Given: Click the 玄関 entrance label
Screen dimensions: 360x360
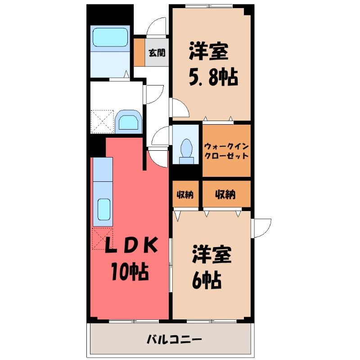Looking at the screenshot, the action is click(x=157, y=53).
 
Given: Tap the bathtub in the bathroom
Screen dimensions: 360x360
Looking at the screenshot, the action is click(x=110, y=37).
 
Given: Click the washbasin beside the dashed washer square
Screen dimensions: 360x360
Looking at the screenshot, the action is click(x=128, y=121).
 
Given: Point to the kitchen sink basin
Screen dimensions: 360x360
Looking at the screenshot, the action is click(x=104, y=209).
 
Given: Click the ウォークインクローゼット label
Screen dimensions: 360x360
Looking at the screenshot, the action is click(x=226, y=151).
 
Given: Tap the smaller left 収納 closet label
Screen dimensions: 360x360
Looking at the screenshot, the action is click(x=185, y=195).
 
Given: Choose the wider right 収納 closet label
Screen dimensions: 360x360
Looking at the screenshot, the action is click(x=225, y=195).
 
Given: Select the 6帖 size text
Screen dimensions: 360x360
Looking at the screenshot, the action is click(x=207, y=280).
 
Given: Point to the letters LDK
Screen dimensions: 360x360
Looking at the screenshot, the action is click(x=131, y=245).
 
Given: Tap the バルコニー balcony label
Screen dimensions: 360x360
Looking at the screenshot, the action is click(x=174, y=339).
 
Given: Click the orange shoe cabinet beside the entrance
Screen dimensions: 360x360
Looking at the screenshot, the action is click(x=139, y=52).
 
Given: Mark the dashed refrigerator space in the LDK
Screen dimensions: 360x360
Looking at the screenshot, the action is click(x=103, y=239).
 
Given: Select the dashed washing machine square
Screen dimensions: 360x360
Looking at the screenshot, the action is click(x=103, y=121).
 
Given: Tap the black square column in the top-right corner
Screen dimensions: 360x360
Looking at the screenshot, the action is click(x=247, y=9).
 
